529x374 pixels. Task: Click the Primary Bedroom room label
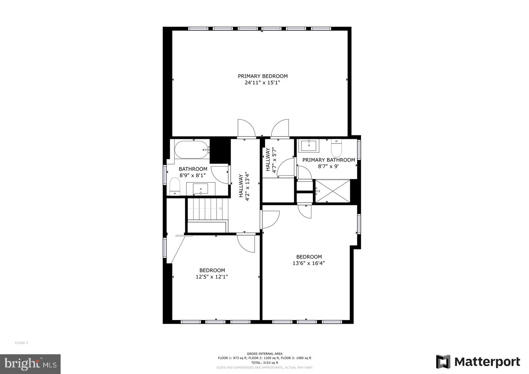(x=263, y=76)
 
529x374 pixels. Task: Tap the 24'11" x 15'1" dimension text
(x=262, y=83)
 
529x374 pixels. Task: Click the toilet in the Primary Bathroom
(x=336, y=148)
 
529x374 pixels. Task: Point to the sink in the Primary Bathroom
(x=309, y=146)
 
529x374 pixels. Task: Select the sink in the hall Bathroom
(x=201, y=189)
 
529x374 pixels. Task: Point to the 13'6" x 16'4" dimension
(x=309, y=263)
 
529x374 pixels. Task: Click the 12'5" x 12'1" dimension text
(x=212, y=277)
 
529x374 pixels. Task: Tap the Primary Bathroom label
(x=328, y=160)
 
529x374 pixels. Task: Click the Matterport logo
(x=478, y=362)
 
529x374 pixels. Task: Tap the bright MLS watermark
(x=30, y=363)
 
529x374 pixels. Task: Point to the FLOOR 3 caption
(x=21, y=343)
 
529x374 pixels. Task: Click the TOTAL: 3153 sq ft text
(x=265, y=363)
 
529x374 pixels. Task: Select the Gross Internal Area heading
(x=265, y=354)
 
